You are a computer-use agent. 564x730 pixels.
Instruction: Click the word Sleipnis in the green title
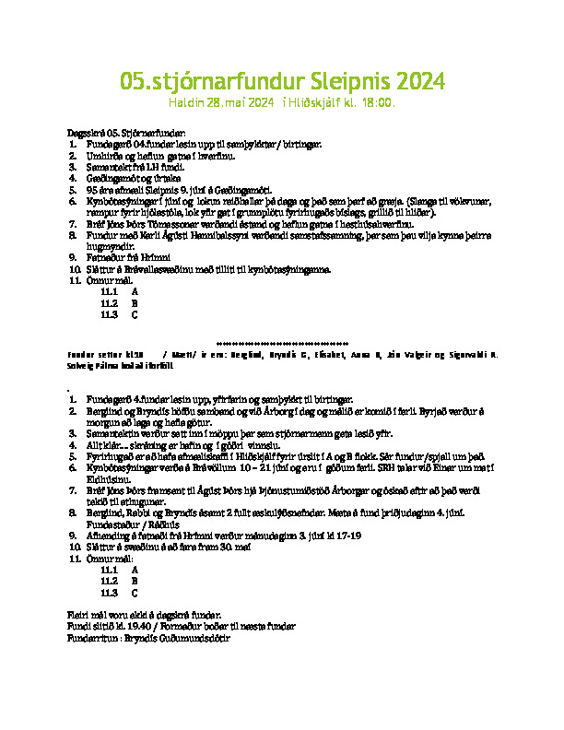tap(340, 82)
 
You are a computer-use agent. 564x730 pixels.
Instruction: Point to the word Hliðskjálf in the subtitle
tap(316, 102)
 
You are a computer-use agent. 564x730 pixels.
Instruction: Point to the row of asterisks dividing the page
tap(282, 340)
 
